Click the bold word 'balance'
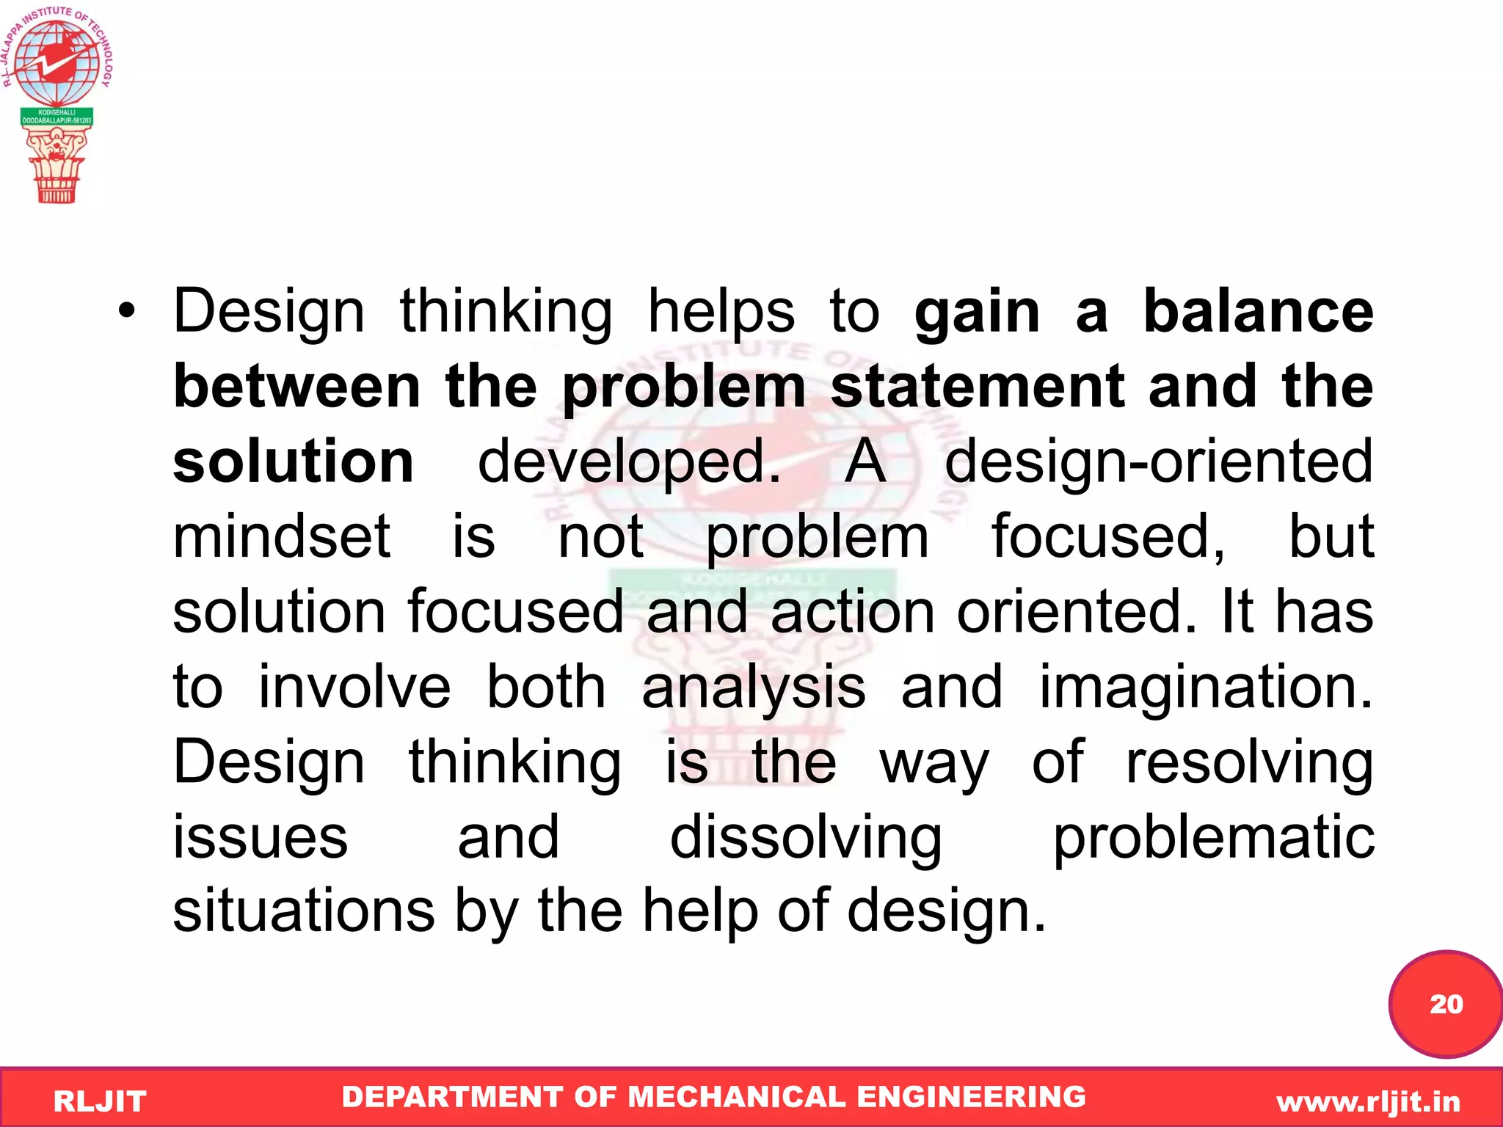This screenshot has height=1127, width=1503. click(1258, 312)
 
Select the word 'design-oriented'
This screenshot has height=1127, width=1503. click(1158, 462)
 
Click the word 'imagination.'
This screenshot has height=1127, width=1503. click(1206, 687)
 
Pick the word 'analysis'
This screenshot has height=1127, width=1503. click(753, 687)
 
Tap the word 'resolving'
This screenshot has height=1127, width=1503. click(1249, 763)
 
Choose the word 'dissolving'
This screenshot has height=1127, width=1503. click(805, 838)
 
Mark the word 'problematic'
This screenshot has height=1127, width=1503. click(1213, 838)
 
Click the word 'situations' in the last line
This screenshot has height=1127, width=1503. click(303, 911)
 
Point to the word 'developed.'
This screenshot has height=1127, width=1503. click(629, 463)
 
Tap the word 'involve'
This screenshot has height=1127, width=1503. click(354, 687)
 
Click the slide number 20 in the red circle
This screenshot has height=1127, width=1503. click(1446, 1004)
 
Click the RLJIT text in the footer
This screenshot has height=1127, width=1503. click(100, 1101)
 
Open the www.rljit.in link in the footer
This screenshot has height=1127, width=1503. click(1368, 1101)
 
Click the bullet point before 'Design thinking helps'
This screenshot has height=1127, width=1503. click(127, 312)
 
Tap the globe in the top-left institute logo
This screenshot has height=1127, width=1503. click(57, 62)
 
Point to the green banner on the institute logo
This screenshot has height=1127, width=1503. click(57, 117)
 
